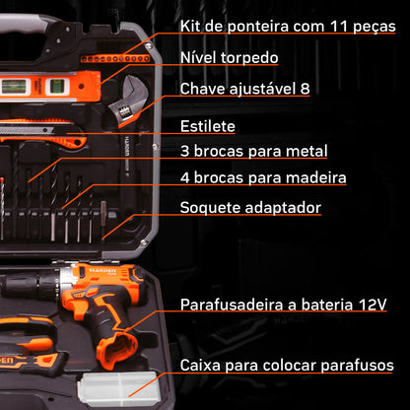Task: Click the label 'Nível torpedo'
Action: [228, 57]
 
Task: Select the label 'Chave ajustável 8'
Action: [244, 89]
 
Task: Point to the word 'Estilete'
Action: [207, 126]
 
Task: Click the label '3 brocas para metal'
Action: [253, 152]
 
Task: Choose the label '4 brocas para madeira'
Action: [262, 177]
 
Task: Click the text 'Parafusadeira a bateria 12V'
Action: [285, 307]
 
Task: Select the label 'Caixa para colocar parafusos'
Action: [287, 366]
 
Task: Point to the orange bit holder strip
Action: [113, 58]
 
